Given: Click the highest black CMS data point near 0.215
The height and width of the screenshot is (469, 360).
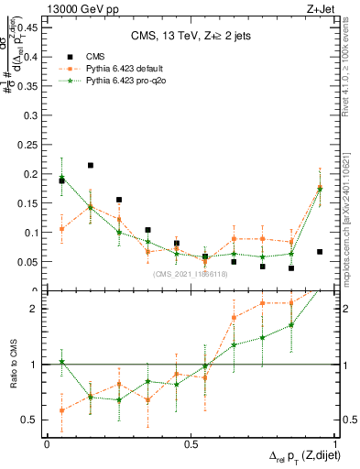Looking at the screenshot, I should coord(91,166).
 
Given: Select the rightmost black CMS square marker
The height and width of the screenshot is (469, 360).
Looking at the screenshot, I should coord(320,252).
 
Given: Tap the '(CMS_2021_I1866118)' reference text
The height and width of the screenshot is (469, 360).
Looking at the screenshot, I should coord(191,274).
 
